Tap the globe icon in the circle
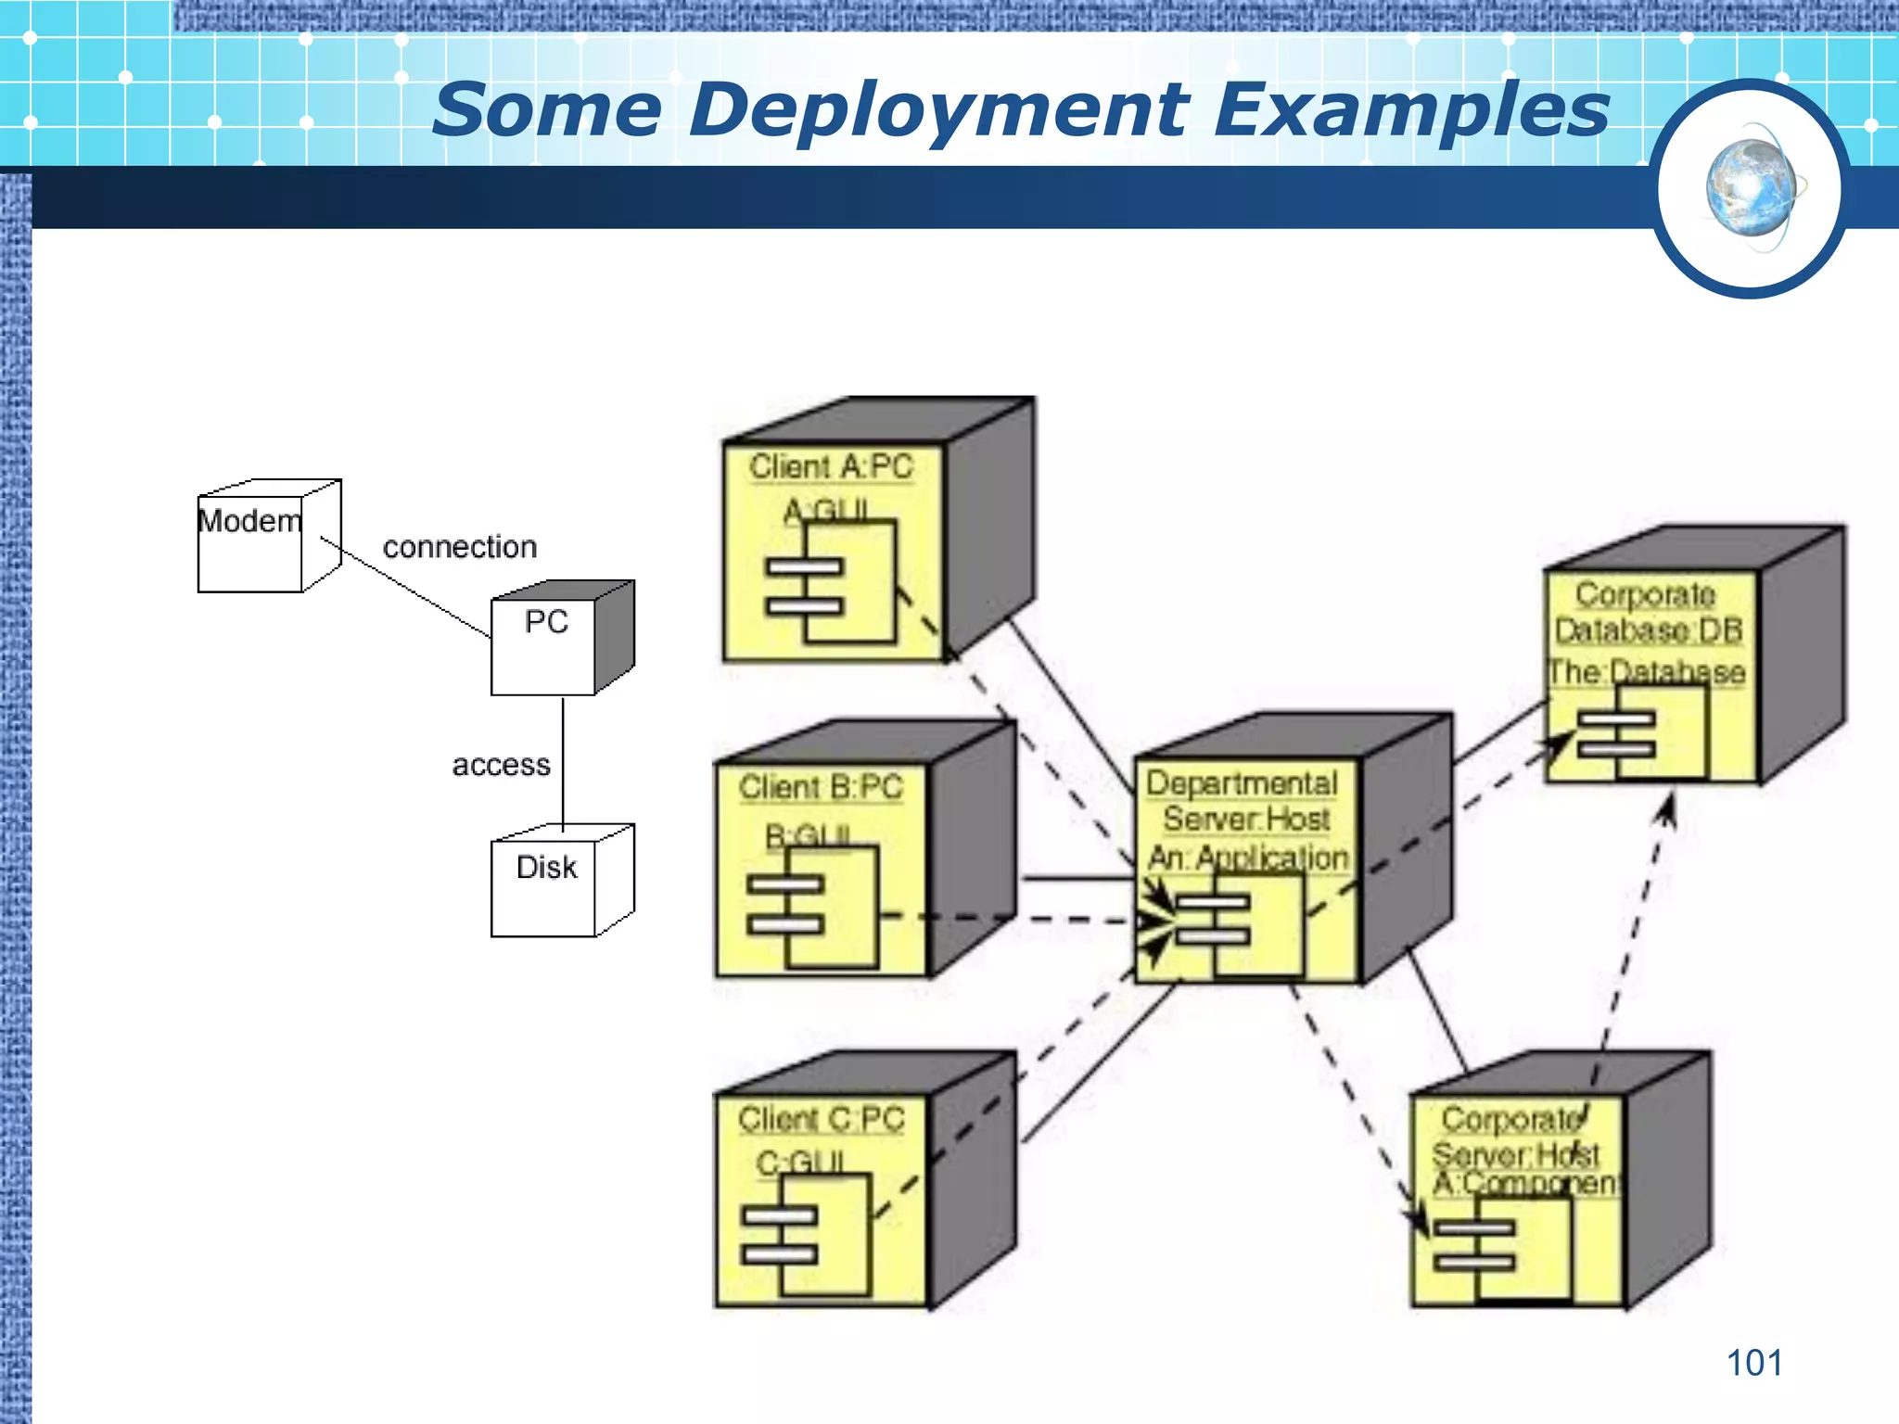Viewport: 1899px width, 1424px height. click(1752, 188)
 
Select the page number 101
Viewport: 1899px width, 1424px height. click(1753, 1363)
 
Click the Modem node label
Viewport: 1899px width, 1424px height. click(249, 521)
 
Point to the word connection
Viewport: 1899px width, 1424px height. click(460, 547)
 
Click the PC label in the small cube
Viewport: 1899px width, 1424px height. click(546, 621)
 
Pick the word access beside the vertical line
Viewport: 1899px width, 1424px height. click(501, 765)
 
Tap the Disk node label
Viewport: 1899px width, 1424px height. click(546, 867)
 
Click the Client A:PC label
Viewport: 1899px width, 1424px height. click(831, 466)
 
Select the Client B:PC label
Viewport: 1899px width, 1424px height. click(821, 787)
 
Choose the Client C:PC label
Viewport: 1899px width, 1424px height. click(821, 1119)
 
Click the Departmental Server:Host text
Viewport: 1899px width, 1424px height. click(1243, 801)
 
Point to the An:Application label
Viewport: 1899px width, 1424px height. click(1248, 858)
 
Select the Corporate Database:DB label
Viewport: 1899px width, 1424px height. click(1648, 612)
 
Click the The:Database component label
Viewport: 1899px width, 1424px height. click(1646, 671)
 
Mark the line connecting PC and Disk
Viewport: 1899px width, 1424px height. click(563, 760)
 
